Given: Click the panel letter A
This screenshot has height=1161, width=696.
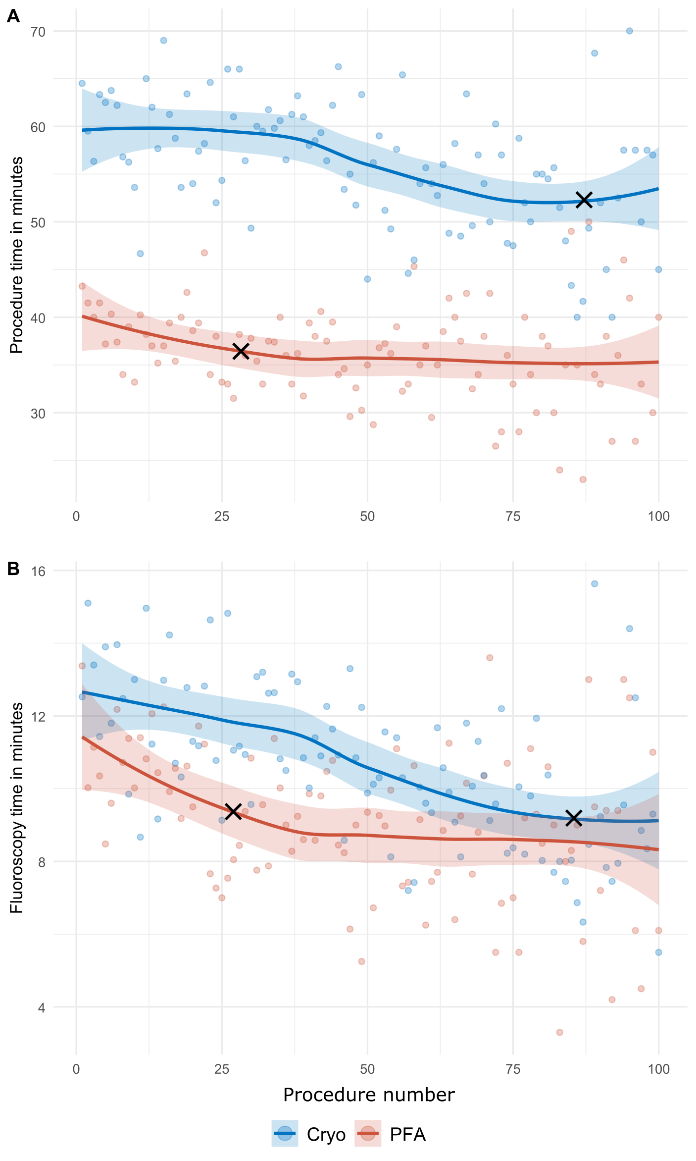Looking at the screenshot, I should [x=13, y=16].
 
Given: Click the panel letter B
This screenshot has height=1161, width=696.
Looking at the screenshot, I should [x=13, y=569].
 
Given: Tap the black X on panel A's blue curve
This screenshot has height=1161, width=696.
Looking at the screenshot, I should [x=585, y=200].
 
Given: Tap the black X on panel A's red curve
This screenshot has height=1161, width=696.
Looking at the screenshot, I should [x=241, y=351].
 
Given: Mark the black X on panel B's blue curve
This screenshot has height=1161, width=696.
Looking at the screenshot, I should [x=574, y=818].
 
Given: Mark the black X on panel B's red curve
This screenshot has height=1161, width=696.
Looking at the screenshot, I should [x=233, y=811].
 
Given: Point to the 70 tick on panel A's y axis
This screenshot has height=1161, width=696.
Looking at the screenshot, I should [x=38, y=32].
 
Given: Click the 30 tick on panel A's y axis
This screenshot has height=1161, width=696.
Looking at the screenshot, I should [x=38, y=413].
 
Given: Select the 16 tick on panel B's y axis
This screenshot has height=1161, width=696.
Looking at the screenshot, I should [x=38, y=571].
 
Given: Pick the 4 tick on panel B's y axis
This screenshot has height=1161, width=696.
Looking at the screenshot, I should [x=42, y=1007].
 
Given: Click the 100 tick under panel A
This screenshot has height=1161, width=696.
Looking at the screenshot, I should [x=658, y=517].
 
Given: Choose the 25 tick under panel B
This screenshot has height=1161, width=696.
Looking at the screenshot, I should [x=222, y=1069].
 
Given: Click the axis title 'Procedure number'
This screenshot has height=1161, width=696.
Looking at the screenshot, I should [x=369, y=1095].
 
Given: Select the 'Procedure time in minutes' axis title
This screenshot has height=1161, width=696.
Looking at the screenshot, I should [x=17, y=255].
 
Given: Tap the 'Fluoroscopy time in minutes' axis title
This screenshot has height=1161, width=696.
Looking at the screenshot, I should [x=17, y=807].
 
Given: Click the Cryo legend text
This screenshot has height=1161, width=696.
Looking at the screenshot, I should [x=326, y=1135].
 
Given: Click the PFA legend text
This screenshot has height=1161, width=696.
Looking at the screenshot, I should [x=407, y=1135].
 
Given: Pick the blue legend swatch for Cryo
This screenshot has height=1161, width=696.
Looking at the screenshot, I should [x=285, y=1134].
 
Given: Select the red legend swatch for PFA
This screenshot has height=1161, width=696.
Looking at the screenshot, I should [x=368, y=1134].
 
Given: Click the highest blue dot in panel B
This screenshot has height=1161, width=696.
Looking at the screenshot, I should [x=595, y=584].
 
